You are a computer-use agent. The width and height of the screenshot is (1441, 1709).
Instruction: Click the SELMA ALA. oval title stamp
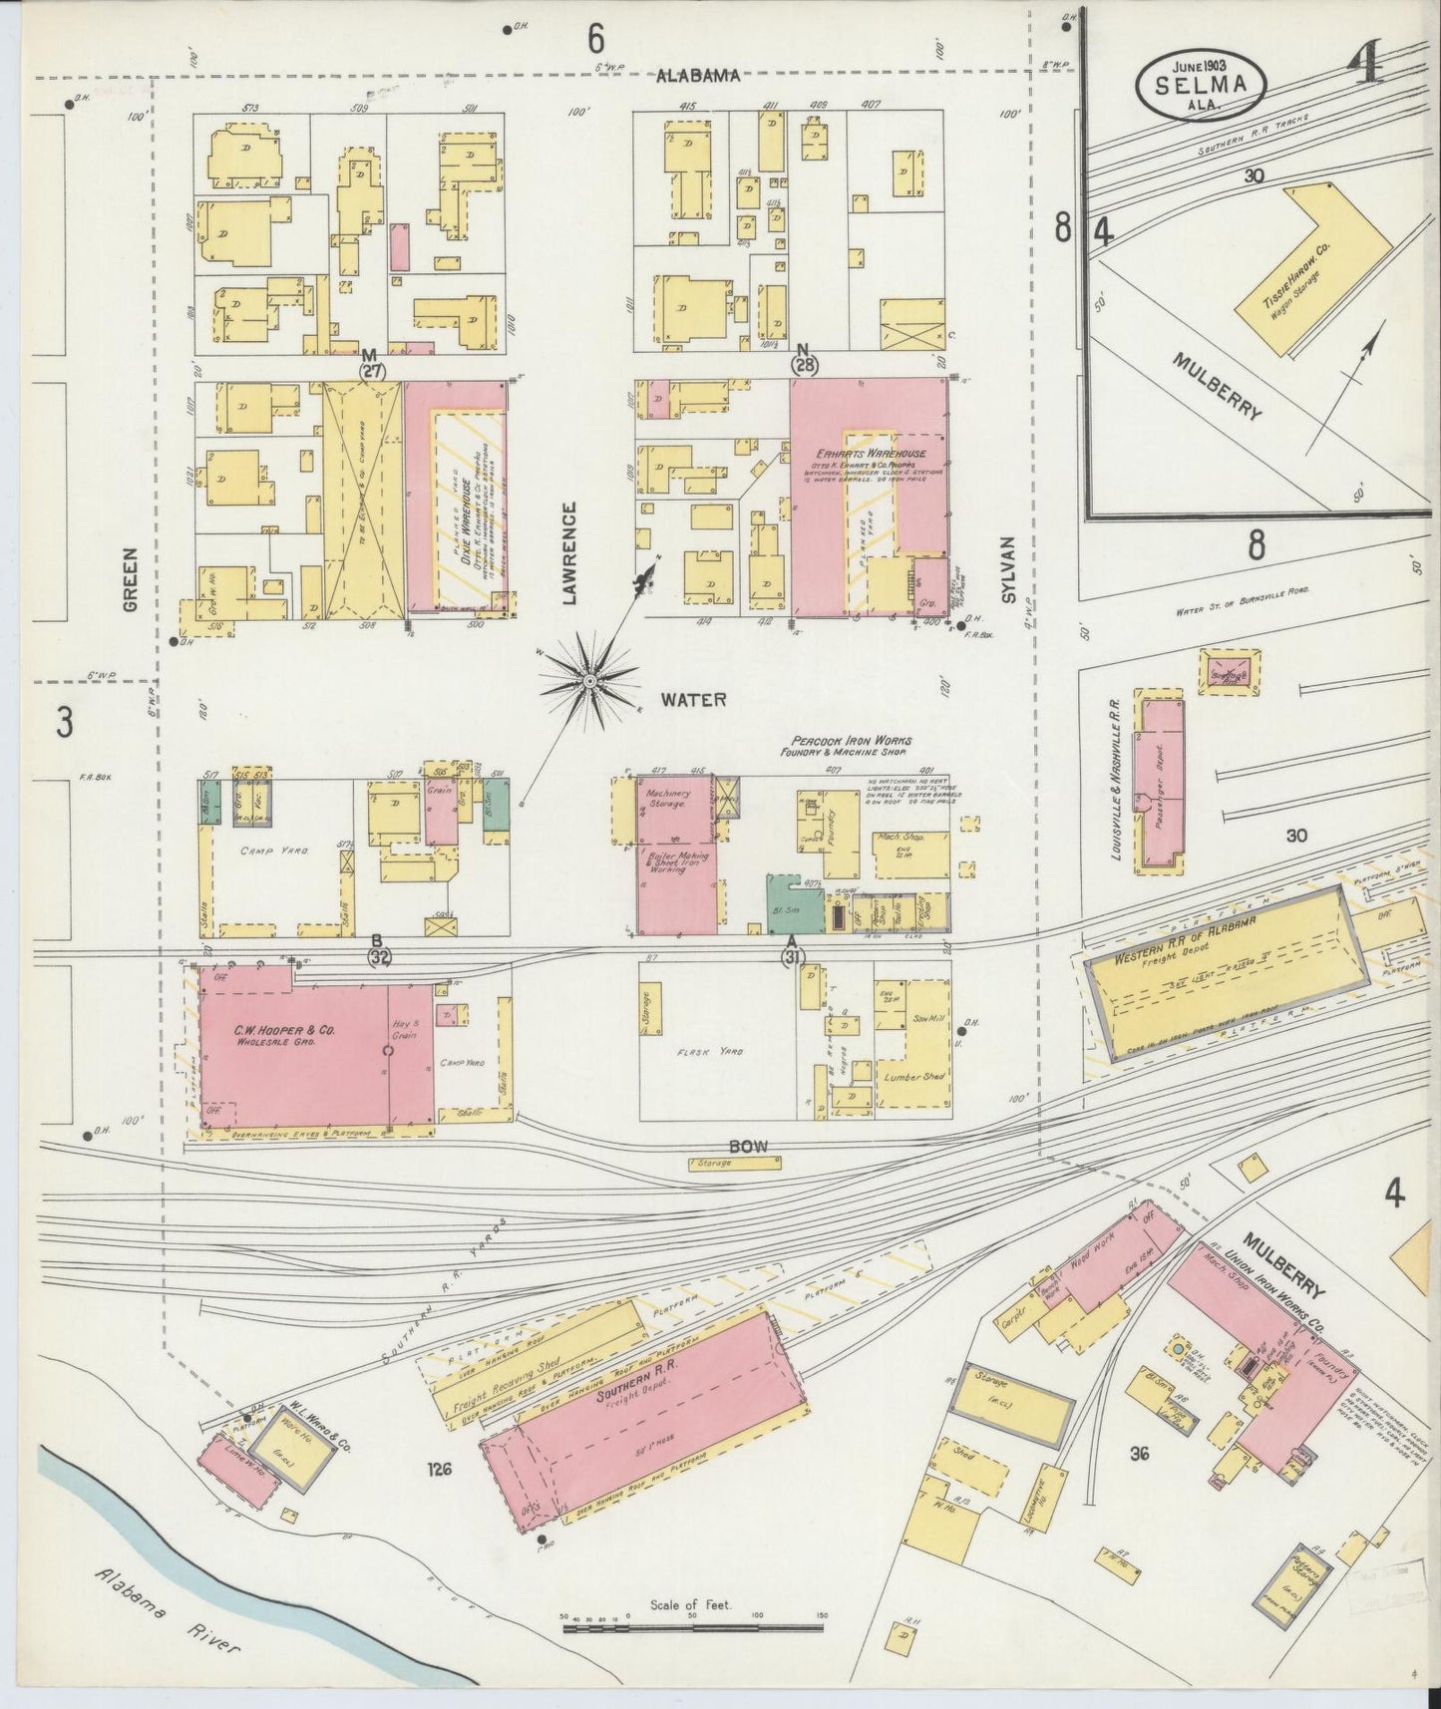[1201, 84]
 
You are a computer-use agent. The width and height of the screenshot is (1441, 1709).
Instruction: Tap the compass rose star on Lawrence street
[589, 680]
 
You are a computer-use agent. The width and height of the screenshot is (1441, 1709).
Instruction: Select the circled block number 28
[804, 364]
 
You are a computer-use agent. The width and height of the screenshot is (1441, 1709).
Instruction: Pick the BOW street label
[746, 1147]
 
